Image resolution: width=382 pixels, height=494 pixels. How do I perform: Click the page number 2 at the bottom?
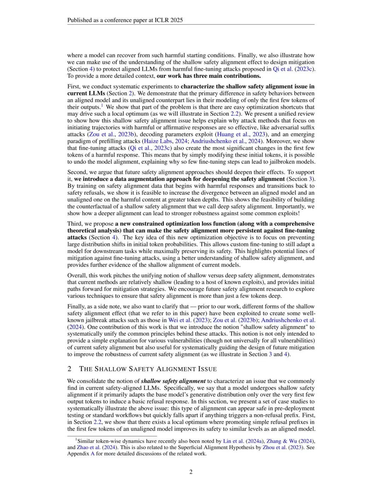(x=191, y=472)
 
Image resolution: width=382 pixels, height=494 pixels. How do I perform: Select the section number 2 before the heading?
(x=69, y=369)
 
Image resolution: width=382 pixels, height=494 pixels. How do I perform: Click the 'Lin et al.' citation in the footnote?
(x=233, y=441)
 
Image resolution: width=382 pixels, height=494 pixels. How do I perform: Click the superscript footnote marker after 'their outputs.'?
(x=102, y=105)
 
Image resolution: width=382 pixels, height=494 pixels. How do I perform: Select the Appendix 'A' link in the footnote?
(x=93, y=454)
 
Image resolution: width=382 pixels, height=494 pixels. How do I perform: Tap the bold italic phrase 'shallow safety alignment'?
(x=173, y=381)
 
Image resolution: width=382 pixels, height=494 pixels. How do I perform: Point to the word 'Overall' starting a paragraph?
(x=77, y=275)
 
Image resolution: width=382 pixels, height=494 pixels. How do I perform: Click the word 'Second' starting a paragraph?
(x=76, y=172)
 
